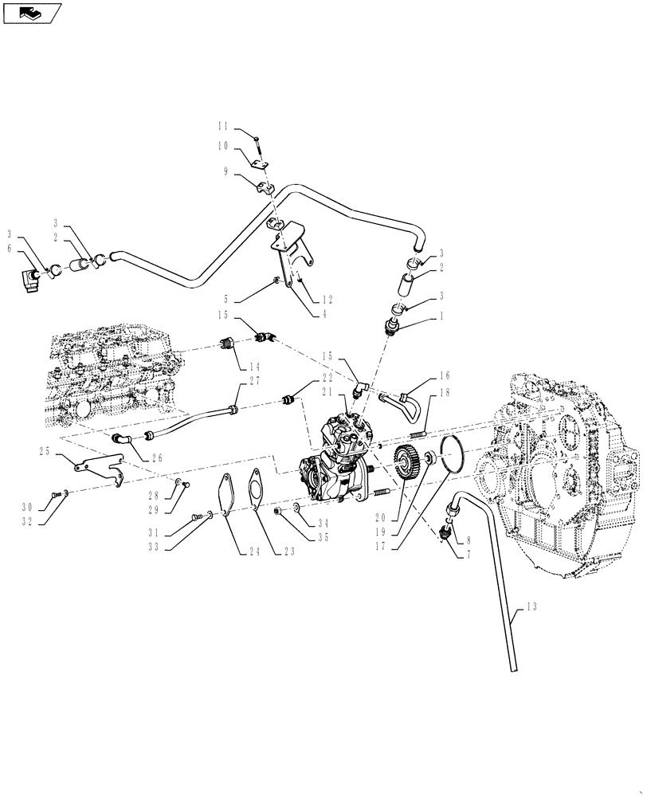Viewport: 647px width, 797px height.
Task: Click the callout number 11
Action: click(x=222, y=126)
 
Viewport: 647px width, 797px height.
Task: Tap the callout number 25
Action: click(x=44, y=451)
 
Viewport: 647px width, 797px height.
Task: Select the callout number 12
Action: click(x=327, y=300)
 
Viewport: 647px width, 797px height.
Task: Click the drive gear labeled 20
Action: click(x=407, y=464)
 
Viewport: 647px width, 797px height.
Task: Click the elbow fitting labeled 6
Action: click(x=31, y=280)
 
